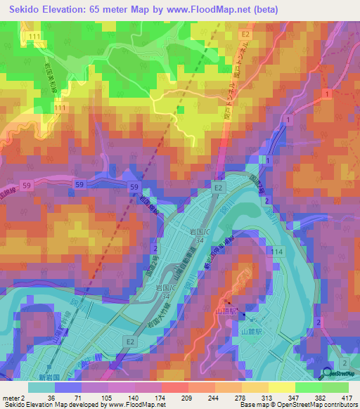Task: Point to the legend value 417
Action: (x=347, y=397)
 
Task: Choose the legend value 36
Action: (x=50, y=397)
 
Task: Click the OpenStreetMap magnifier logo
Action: (x=327, y=374)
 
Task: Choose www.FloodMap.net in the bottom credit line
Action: (x=138, y=405)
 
